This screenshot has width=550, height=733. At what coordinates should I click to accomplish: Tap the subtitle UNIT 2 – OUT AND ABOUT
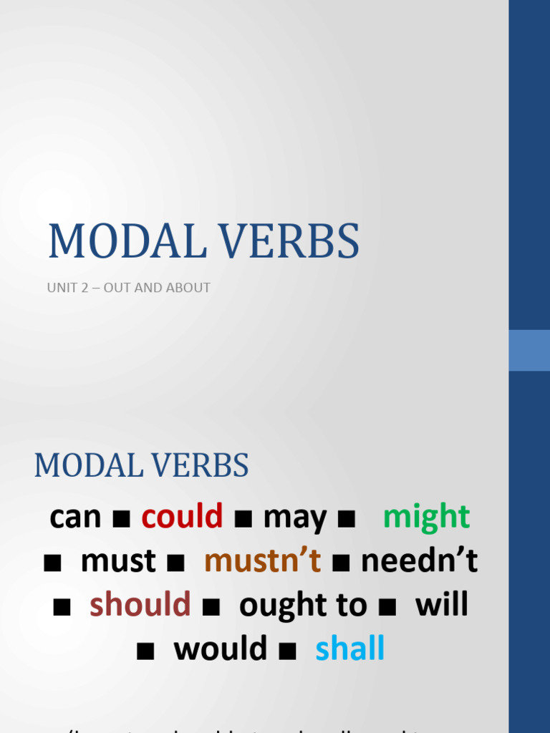129,288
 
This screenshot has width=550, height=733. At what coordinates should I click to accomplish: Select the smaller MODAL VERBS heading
142,466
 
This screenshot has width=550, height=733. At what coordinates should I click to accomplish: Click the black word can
75,517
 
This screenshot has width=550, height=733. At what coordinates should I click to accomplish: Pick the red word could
182,516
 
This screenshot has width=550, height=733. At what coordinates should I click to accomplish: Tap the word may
294,518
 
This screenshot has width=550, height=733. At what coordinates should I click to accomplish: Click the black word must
118,561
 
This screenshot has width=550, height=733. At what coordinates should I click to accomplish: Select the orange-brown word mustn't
262,561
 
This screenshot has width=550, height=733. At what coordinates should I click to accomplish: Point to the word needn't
419,561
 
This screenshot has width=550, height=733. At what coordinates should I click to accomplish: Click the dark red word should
140,605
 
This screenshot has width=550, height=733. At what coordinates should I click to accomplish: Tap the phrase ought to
302,606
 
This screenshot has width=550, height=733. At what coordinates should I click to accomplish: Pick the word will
441,605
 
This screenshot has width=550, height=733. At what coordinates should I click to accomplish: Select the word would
220,649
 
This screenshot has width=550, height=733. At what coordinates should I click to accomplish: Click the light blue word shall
349,649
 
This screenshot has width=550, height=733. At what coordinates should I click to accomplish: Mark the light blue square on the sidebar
529,350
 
